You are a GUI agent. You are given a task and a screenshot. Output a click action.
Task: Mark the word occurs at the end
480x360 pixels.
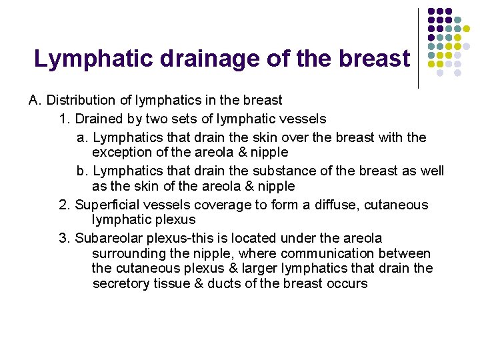(x=347, y=283)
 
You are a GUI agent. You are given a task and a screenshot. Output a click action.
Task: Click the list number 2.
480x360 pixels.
(x=63, y=205)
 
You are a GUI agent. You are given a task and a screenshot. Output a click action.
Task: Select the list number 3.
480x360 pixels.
(x=63, y=238)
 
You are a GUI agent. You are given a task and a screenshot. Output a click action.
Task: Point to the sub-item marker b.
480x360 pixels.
(x=82, y=171)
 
